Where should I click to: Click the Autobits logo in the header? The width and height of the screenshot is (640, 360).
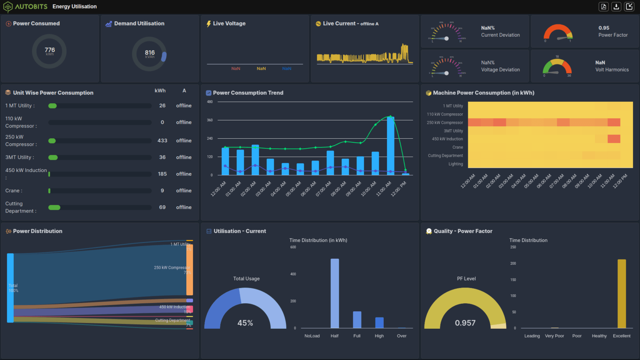(8, 7)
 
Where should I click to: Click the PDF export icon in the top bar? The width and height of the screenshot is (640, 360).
(603, 7)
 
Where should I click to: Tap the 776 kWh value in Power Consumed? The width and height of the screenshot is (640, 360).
(50, 50)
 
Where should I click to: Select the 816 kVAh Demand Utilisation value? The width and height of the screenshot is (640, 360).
(150, 53)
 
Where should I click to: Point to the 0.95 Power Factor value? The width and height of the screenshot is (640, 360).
(604, 28)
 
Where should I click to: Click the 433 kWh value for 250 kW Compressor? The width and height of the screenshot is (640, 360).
(162, 141)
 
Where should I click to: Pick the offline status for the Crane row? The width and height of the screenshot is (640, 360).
(184, 191)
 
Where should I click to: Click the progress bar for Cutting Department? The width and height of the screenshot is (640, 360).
(100, 207)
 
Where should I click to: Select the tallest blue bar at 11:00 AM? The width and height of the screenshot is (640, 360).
(390, 145)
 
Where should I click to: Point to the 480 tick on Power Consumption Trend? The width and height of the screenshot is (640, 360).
(210, 102)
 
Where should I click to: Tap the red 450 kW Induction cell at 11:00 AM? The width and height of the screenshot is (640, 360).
(614, 139)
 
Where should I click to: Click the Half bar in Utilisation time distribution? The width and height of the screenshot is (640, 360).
(335, 293)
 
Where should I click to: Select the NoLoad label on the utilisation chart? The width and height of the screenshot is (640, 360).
(312, 336)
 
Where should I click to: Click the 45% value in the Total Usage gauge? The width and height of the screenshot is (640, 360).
(245, 323)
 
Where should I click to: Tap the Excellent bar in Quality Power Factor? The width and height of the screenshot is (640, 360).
(621, 294)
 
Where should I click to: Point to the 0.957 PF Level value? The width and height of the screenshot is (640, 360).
(465, 323)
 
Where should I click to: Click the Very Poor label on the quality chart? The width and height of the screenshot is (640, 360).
(554, 336)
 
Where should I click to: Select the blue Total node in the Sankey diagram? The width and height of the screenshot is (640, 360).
(10, 288)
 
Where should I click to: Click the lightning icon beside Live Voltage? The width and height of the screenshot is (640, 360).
(208, 24)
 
